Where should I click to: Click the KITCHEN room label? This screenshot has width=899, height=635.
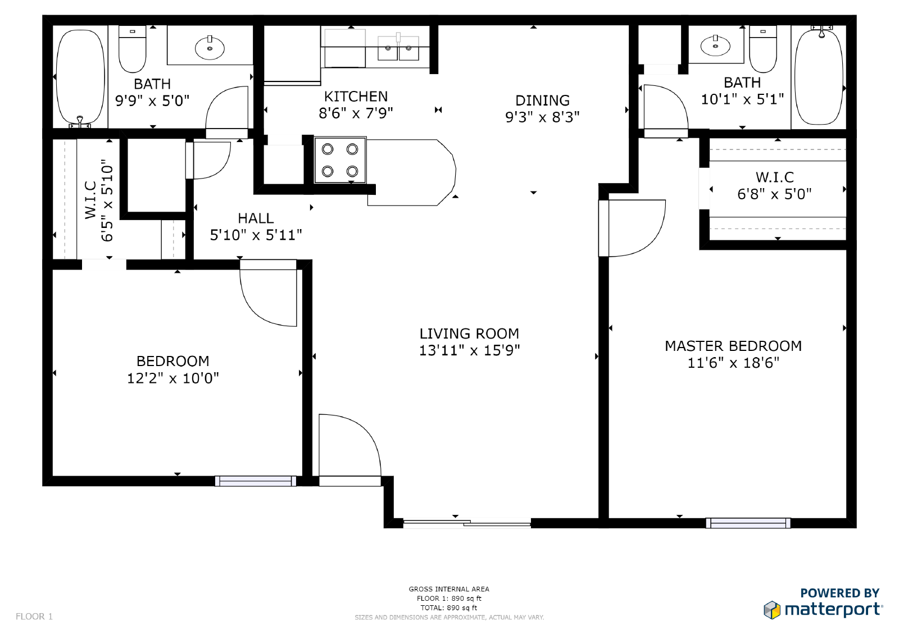[356, 97]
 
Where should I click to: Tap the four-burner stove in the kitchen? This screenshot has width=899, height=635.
[340, 160]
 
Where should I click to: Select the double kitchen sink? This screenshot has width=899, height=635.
[398, 48]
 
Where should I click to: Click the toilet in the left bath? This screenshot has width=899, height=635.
[133, 49]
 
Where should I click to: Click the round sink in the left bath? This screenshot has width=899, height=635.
[210, 48]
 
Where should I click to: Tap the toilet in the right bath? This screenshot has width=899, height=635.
[763, 48]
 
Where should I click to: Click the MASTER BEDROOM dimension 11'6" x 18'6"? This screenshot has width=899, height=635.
[733, 363]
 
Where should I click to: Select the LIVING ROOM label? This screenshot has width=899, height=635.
[469, 334]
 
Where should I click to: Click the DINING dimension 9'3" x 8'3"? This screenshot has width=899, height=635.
[542, 117]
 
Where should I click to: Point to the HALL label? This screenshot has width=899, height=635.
[256, 218]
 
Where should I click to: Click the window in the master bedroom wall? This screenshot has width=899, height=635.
[748, 523]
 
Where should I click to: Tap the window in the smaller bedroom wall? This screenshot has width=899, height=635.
[255, 481]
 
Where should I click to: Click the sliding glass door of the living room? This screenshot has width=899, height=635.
[466, 524]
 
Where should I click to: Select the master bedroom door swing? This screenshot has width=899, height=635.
[635, 227]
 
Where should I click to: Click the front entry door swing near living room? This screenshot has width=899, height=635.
[348, 446]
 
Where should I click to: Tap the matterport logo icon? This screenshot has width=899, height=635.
[772, 610]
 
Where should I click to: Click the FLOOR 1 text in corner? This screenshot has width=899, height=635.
[34, 616]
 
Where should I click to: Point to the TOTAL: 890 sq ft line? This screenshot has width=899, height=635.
[449, 607]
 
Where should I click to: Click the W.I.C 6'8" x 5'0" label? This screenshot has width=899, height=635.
[774, 186]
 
